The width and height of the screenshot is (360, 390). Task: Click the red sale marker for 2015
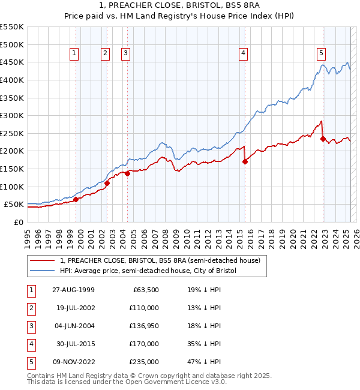[245, 161]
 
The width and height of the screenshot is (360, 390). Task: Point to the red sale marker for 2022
[323, 139]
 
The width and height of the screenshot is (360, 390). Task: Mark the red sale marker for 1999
[76, 200]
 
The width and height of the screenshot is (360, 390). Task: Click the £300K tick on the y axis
[13, 115]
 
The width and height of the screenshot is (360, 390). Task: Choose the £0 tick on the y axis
[18, 222]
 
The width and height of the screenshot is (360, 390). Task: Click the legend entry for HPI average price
[148, 271]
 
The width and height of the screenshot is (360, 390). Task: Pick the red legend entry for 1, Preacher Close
[160, 261]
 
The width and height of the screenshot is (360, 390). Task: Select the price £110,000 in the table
[144, 308]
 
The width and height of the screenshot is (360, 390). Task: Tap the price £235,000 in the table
[144, 361]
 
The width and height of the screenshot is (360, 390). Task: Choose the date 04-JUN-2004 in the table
[73, 326]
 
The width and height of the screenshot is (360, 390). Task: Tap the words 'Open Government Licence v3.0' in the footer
[176, 382]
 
